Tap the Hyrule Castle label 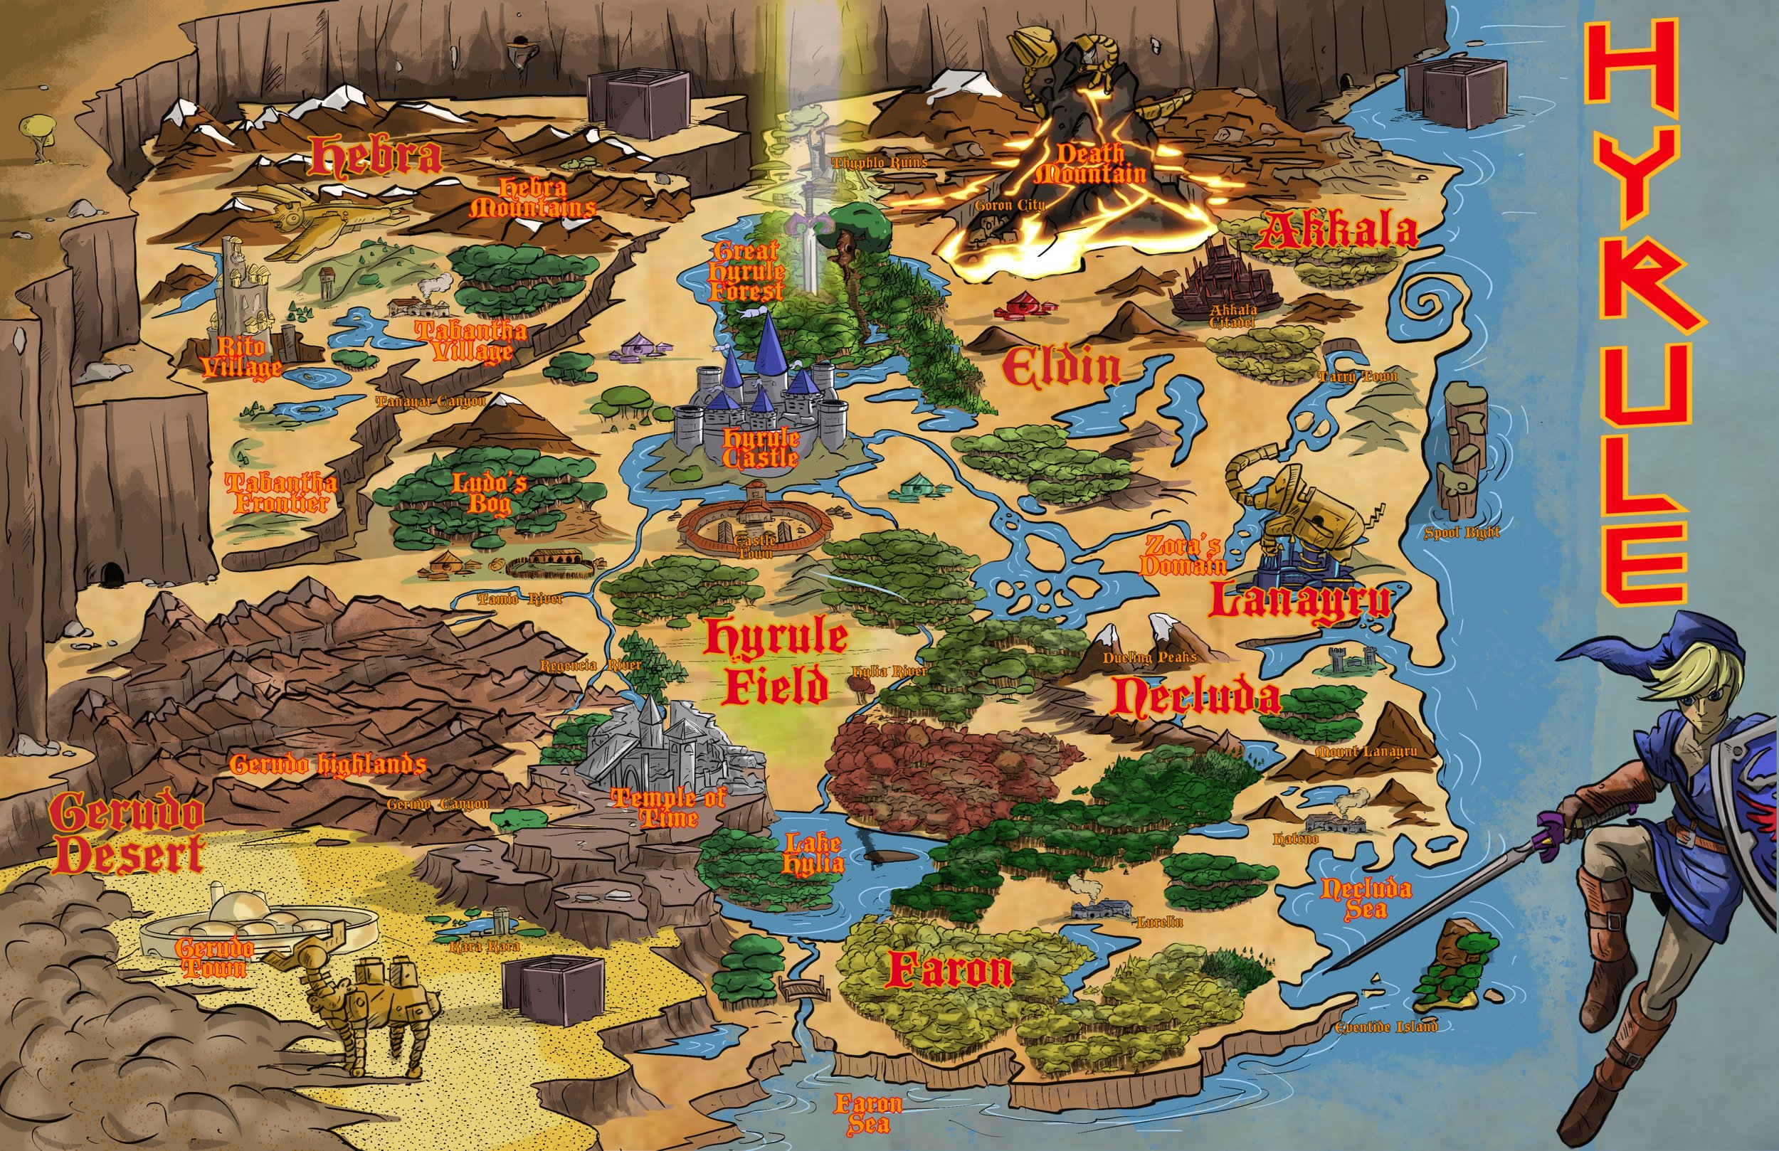[x=760, y=448]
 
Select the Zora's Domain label [x=1182, y=556]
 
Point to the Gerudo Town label [x=213, y=958]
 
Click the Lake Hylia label [x=813, y=854]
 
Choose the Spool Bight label [x=1462, y=533]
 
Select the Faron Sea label [x=868, y=1113]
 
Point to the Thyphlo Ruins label [x=879, y=162]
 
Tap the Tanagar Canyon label [x=430, y=402]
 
